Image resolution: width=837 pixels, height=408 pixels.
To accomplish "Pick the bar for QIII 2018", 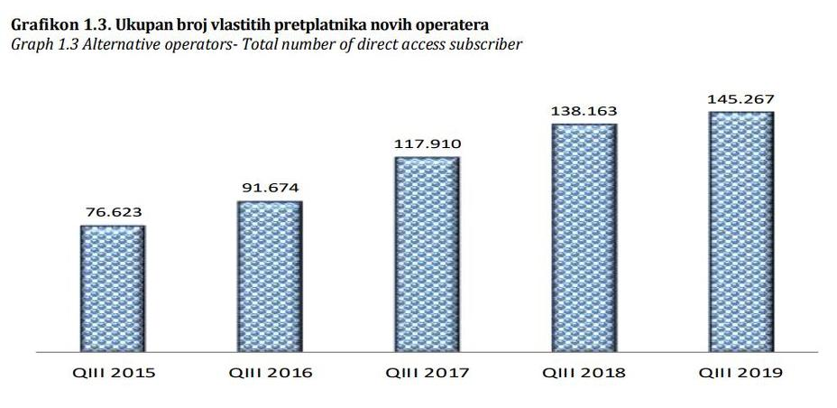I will pyautogui.click(x=584, y=236).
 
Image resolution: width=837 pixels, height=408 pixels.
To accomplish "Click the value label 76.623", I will pyautogui.click(x=112, y=213).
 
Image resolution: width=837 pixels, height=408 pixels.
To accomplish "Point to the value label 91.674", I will pyautogui.click(x=269, y=189).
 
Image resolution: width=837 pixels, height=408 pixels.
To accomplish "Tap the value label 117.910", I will pyautogui.click(x=427, y=144).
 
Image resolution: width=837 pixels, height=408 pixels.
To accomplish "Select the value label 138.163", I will pyautogui.click(x=584, y=111).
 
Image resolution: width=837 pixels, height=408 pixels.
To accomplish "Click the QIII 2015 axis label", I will pyautogui.click(x=112, y=373).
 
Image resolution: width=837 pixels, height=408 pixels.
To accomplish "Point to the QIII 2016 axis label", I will pyautogui.click(x=269, y=373).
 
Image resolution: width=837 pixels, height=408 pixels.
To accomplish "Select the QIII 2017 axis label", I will pyautogui.click(x=427, y=373).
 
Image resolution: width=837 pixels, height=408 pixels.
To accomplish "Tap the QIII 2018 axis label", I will pyautogui.click(x=584, y=373).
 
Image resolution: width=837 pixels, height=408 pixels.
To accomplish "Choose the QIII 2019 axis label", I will pyautogui.click(x=740, y=373).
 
